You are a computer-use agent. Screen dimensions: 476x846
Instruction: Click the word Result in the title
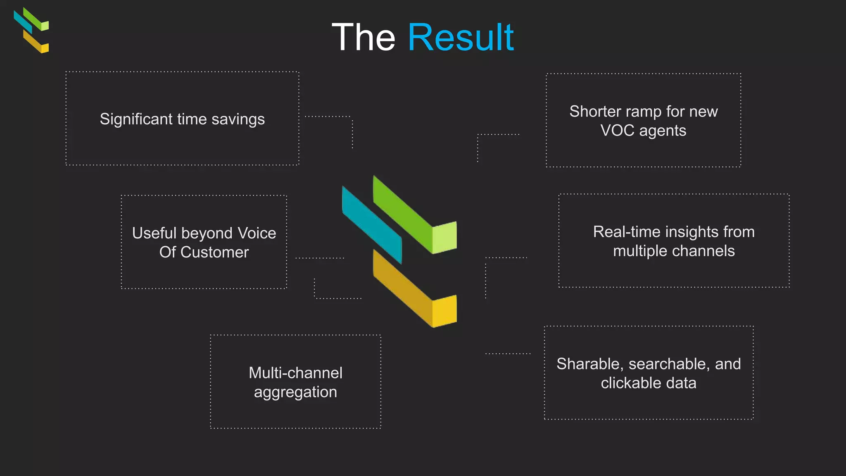pos(461,38)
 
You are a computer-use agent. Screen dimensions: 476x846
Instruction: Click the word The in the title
pos(364,38)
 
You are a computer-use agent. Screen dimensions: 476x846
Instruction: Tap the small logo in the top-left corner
pos(31,30)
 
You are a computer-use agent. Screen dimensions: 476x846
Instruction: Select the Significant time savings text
pos(182,119)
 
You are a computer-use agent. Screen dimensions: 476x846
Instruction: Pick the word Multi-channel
pos(295,373)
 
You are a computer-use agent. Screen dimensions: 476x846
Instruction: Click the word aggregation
pos(295,392)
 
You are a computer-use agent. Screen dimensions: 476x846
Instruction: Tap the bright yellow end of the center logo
pos(444,310)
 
